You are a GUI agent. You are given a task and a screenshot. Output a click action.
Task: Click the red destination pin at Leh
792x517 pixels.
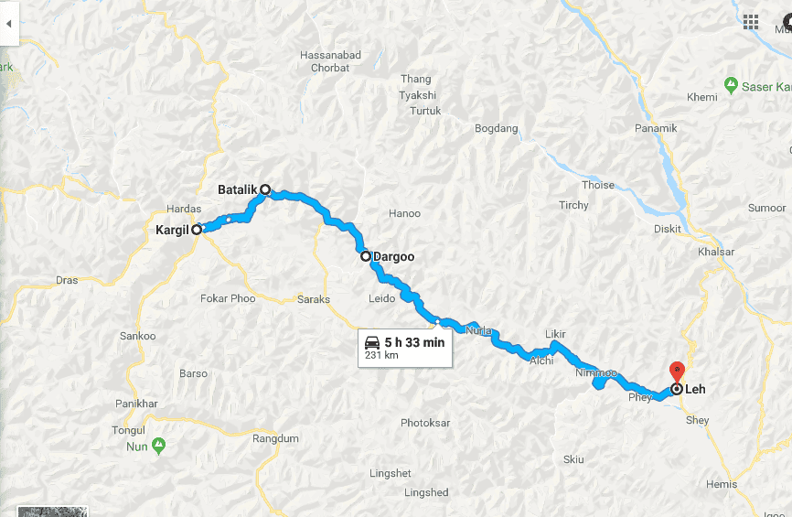coord(677,372)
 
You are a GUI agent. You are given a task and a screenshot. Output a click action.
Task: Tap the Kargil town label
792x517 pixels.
coord(171,231)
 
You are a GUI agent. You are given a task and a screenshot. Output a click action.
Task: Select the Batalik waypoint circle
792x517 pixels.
coord(265,190)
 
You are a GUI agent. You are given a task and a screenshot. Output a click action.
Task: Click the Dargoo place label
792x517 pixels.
coord(393,257)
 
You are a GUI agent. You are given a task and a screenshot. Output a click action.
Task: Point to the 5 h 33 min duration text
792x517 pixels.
coord(414,342)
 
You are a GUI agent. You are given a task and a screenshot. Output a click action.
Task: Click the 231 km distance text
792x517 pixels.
coord(382,355)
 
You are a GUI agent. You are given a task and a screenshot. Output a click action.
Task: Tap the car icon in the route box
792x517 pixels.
coord(372,342)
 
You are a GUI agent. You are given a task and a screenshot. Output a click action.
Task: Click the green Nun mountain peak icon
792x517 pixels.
coord(158,446)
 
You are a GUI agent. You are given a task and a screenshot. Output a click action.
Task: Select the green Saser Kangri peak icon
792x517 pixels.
coord(731,86)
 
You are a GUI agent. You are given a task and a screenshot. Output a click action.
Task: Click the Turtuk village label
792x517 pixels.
coord(425,112)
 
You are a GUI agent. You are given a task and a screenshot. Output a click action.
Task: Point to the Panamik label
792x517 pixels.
coord(657,129)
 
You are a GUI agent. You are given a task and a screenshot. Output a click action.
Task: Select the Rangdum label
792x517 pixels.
coord(276,439)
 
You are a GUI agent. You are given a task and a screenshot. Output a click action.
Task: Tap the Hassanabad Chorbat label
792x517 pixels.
coord(330,61)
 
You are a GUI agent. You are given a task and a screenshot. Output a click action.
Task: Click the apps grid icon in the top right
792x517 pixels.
coord(751,21)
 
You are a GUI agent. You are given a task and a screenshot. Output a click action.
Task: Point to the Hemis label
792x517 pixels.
coord(721,484)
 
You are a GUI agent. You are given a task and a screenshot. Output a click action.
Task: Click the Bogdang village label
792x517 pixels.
coord(497,129)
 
